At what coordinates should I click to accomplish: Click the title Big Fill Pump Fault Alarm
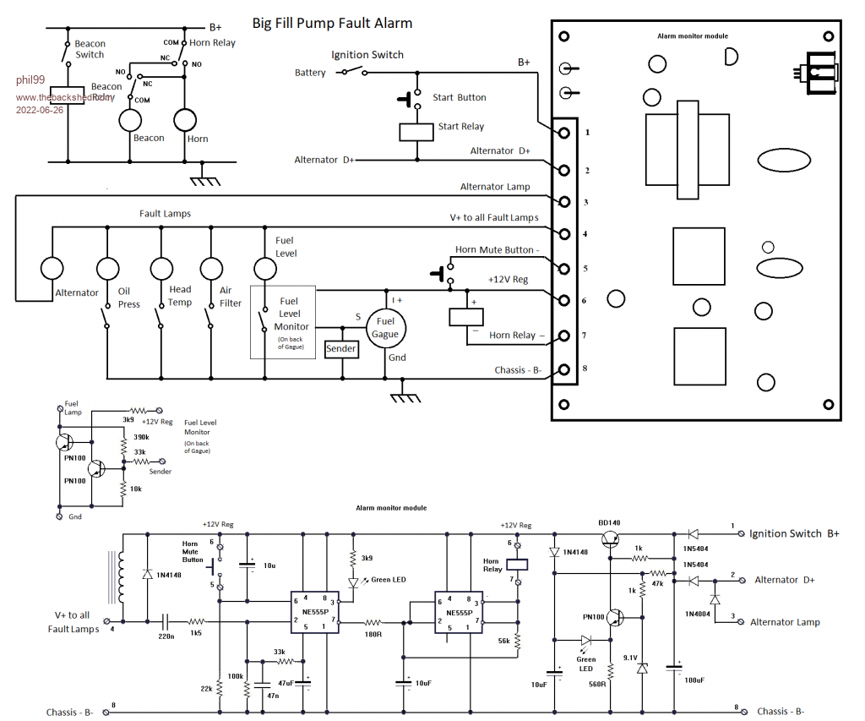click(333, 24)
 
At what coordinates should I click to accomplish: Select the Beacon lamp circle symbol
click(131, 121)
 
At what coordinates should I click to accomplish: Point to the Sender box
click(341, 348)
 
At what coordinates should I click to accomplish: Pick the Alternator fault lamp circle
click(53, 269)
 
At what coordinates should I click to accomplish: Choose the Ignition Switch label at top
click(367, 55)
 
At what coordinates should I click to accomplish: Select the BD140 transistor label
click(609, 523)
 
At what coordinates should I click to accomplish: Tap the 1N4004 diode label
click(694, 599)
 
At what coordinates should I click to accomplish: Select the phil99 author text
click(30, 79)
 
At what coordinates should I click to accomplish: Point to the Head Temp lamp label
click(179, 295)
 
